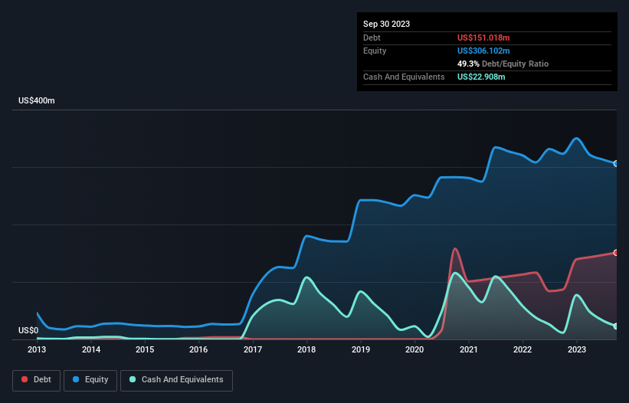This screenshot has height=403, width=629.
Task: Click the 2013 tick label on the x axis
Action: (37, 349)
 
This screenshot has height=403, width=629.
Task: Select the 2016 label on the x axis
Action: (198, 349)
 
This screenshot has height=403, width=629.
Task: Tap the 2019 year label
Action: (360, 349)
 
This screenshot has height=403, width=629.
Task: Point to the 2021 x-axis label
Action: (468, 349)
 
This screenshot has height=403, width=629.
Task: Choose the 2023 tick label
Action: (576, 349)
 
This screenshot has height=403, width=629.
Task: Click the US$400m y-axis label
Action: (37, 101)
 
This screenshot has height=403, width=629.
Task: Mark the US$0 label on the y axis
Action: (28, 331)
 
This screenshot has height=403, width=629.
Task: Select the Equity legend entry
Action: (90, 380)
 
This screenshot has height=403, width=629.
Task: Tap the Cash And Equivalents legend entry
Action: (176, 380)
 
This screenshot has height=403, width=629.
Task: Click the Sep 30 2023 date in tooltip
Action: (386, 24)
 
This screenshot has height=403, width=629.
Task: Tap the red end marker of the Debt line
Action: (615, 253)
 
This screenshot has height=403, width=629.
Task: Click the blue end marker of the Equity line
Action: (615, 163)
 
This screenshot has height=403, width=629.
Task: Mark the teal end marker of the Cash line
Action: (615, 326)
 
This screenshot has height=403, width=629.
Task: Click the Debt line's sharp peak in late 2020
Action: (455, 248)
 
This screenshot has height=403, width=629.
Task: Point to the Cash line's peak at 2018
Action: (306, 277)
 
